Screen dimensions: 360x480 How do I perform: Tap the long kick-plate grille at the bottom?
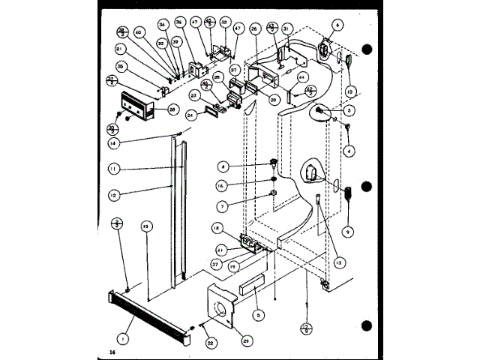156,310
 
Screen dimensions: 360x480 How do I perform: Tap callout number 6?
338,25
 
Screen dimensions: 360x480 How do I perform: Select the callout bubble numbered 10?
349,92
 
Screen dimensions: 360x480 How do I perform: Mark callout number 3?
349,110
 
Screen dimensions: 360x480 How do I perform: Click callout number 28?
173,109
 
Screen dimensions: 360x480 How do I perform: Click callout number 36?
179,22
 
